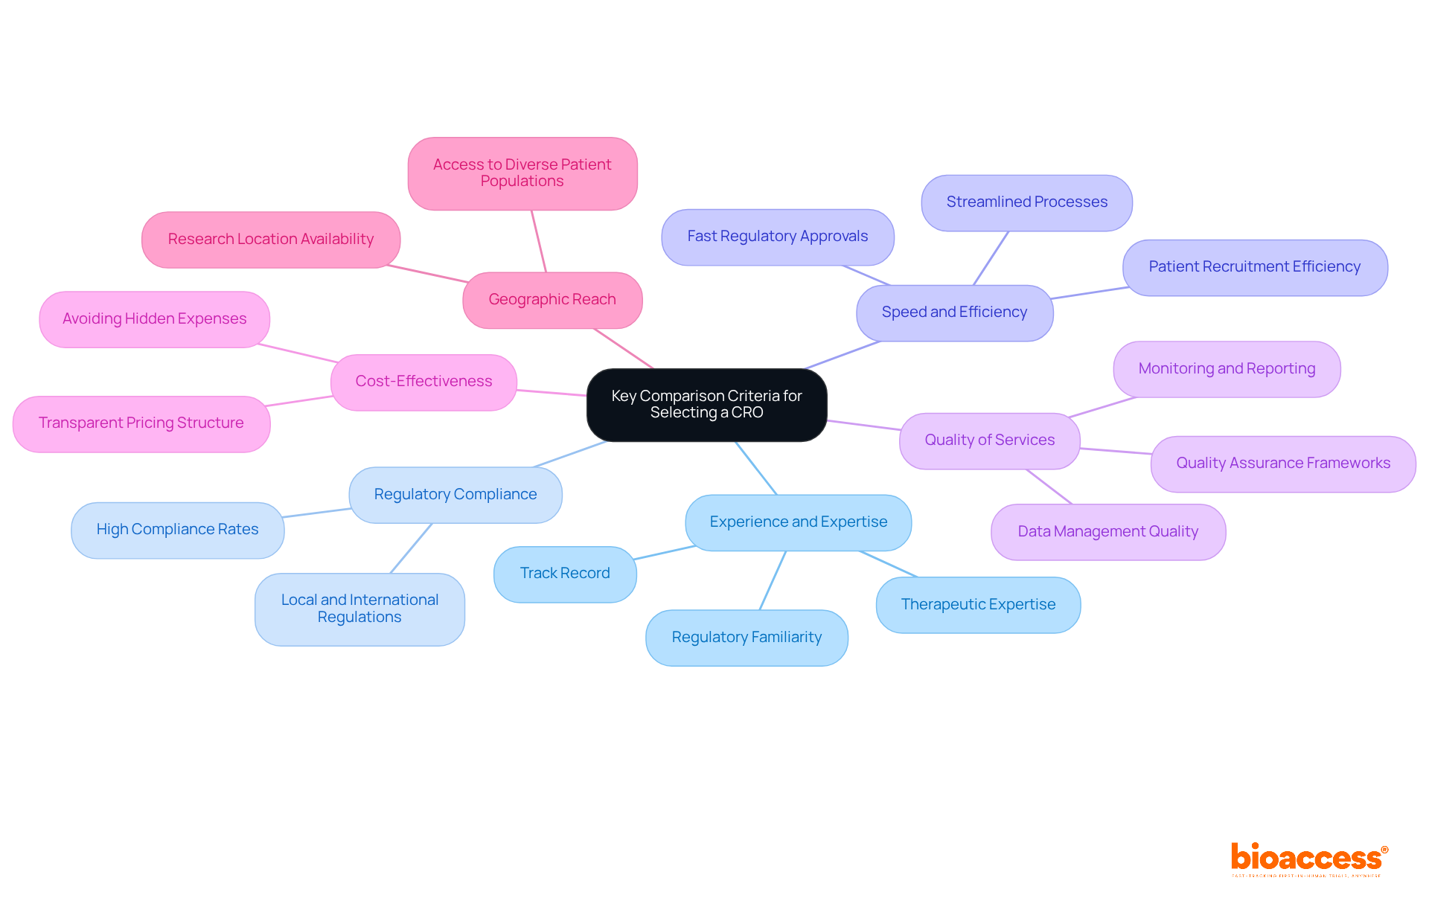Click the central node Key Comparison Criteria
pyautogui.click(x=706, y=404)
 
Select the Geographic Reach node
pyautogui.click(x=552, y=299)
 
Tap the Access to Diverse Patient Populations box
pyautogui.click(x=522, y=173)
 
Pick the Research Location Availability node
pyautogui.click(x=271, y=239)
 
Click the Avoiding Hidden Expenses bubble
pyautogui.click(x=154, y=318)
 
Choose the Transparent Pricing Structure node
pyautogui.click(x=141, y=423)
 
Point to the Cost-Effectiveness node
pyautogui.click(x=423, y=381)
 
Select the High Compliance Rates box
pyautogui.click(x=177, y=529)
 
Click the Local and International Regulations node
pyautogui.click(x=359, y=608)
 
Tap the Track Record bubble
pyautogui.click(x=565, y=573)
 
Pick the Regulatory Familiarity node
pyautogui.click(x=747, y=637)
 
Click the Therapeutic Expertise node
pyautogui.click(x=978, y=604)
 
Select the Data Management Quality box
pyautogui.click(x=1107, y=531)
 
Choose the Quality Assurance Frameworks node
pyautogui.click(x=1283, y=463)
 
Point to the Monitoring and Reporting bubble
pyautogui.click(x=1227, y=368)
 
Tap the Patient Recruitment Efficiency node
pyautogui.click(x=1254, y=266)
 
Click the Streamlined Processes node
pyautogui.click(x=1026, y=202)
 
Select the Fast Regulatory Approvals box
pyautogui.click(x=777, y=236)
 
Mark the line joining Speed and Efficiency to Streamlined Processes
pyautogui.click(x=991, y=258)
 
